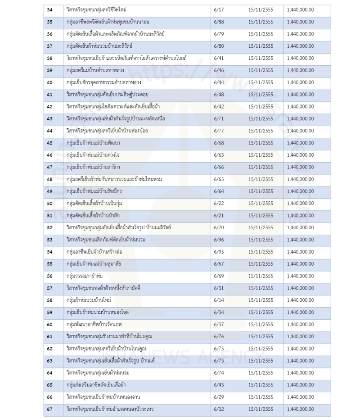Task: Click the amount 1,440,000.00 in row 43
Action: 299,118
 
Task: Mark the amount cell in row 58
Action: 299,300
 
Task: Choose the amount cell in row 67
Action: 299,409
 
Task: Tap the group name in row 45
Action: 90,143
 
